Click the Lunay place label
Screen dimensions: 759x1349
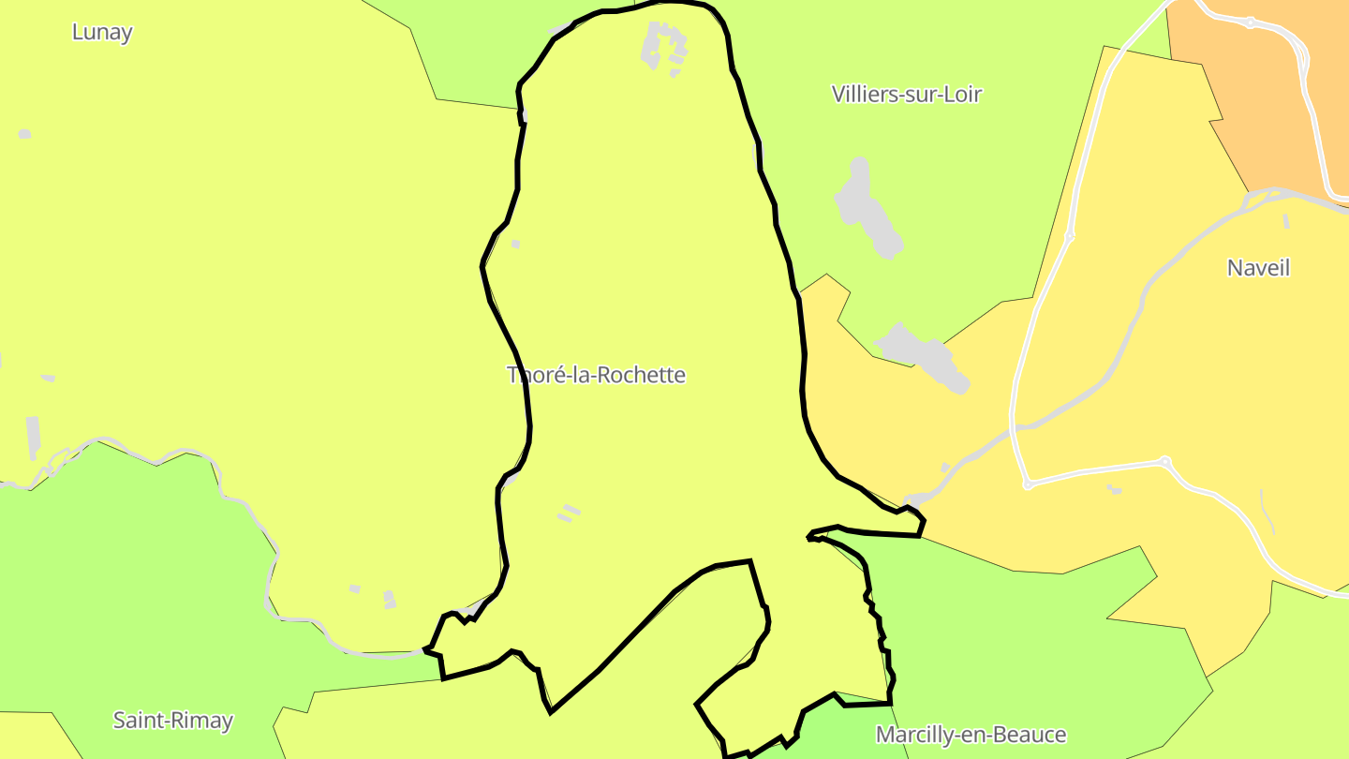coord(102,32)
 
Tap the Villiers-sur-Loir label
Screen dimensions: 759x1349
coord(906,94)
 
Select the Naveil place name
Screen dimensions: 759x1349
coord(1258,268)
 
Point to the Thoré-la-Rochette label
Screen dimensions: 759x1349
coord(596,375)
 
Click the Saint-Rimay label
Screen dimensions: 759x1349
coord(172,721)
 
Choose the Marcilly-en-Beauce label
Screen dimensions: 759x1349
coord(971,735)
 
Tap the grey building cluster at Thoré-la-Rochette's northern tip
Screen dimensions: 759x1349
coord(664,46)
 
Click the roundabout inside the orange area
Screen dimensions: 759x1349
coord(1250,22)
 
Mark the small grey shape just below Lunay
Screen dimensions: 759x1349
coord(24,134)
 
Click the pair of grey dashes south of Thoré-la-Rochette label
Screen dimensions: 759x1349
coord(569,513)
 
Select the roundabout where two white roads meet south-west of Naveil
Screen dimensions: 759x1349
coord(1164,461)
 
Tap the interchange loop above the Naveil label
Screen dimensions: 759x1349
coord(1260,198)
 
